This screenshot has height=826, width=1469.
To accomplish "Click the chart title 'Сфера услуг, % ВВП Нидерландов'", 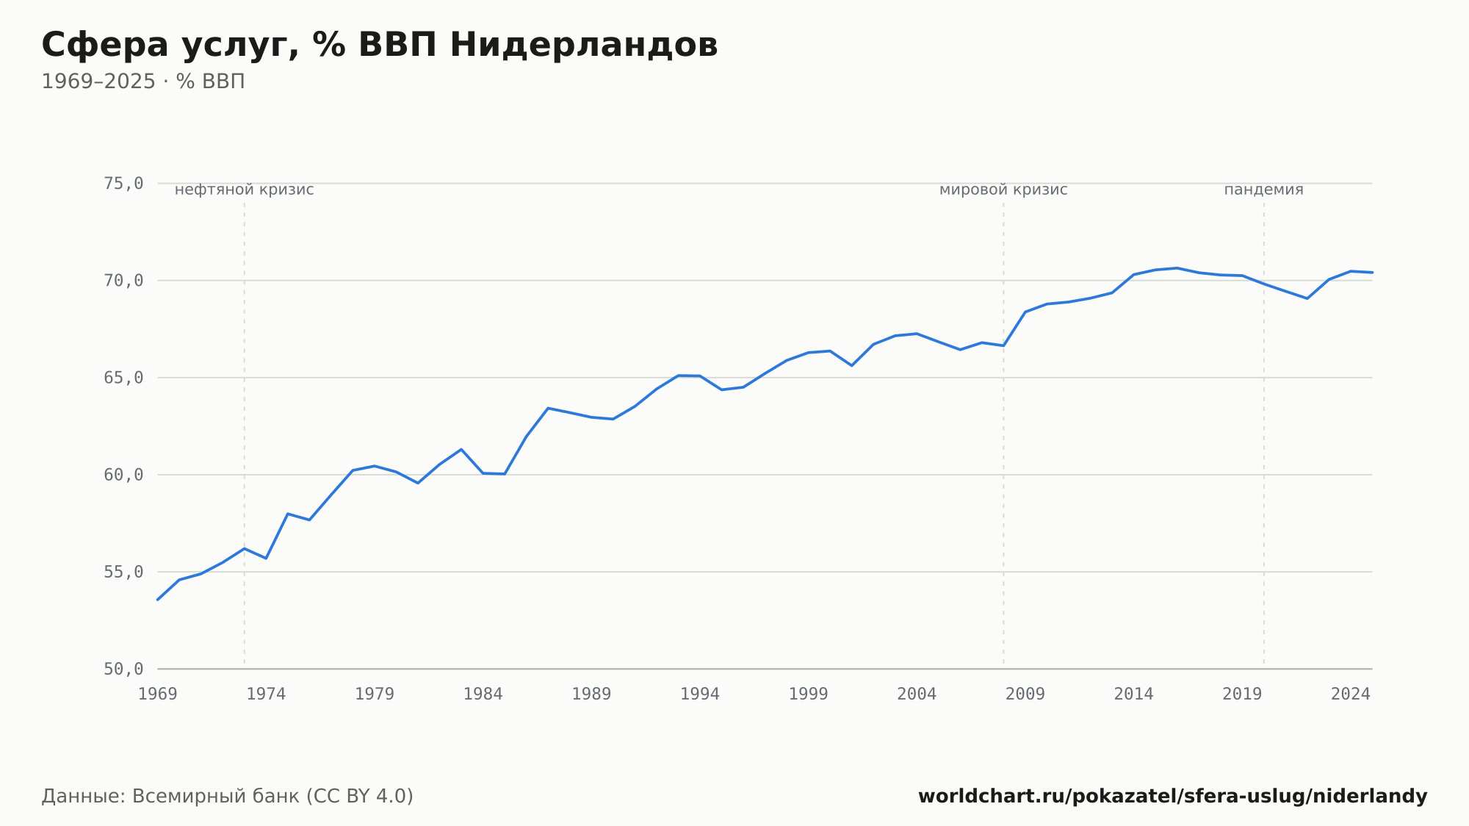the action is pyautogui.click(x=380, y=46).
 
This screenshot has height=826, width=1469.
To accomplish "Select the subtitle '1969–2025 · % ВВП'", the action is pyautogui.click(x=143, y=82).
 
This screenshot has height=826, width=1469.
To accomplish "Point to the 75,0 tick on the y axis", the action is pyautogui.click(x=123, y=184).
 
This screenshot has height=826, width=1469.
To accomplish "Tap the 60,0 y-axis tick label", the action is pyautogui.click(x=123, y=475).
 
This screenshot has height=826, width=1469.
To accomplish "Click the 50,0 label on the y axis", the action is pyautogui.click(x=123, y=669).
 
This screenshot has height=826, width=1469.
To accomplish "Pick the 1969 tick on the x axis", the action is pyautogui.click(x=158, y=694).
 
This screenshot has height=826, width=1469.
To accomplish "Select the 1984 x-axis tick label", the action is pyautogui.click(x=483, y=694).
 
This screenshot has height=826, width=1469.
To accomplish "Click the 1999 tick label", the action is pyautogui.click(x=808, y=694).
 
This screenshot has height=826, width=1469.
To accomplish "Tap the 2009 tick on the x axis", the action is pyautogui.click(x=1025, y=694).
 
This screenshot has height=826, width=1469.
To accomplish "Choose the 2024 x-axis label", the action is pyautogui.click(x=1351, y=694).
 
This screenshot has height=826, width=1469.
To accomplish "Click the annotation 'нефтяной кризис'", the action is pyautogui.click(x=245, y=190).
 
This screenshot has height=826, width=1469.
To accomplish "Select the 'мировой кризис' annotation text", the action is pyautogui.click(x=1003, y=190).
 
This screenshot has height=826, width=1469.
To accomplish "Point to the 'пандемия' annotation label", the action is pyautogui.click(x=1263, y=190).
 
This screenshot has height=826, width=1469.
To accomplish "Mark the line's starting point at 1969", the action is pyautogui.click(x=158, y=600).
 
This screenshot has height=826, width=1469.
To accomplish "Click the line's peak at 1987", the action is pyautogui.click(x=548, y=408).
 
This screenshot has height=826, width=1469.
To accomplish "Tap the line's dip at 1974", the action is pyautogui.click(x=266, y=559).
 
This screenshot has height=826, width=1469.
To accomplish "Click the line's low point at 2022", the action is pyautogui.click(x=1307, y=298).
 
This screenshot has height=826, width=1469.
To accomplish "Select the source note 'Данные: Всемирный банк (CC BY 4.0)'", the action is pyautogui.click(x=228, y=797).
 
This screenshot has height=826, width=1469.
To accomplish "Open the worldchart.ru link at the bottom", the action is pyautogui.click(x=1172, y=797).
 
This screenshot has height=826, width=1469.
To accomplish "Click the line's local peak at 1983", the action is pyautogui.click(x=461, y=449).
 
